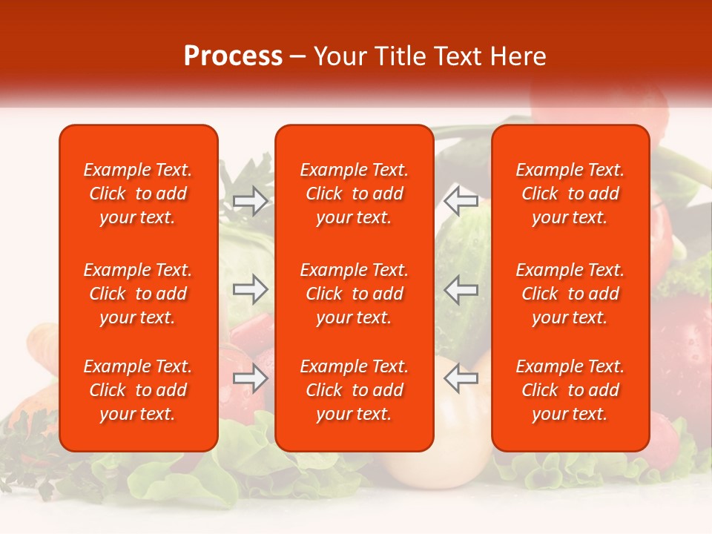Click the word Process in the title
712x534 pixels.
pos(233,56)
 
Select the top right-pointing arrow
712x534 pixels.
pos(250,200)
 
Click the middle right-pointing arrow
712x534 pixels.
pos(250,289)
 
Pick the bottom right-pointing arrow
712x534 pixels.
pos(250,378)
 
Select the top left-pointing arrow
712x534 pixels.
pos(461,200)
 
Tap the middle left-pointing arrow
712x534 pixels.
pos(461,289)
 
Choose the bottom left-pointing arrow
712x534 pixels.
pos(461,378)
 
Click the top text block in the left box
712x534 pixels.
pos(138,194)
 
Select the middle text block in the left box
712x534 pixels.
pos(138,294)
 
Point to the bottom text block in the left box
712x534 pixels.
pos(138,390)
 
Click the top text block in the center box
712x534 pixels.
pos(354,194)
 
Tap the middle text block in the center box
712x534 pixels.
pos(354,294)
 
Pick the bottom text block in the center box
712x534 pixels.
pos(354,390)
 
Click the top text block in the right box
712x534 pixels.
pos(570,194)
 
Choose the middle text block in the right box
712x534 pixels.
pos(570,294)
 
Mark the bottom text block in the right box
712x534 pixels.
pos(570,390)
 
